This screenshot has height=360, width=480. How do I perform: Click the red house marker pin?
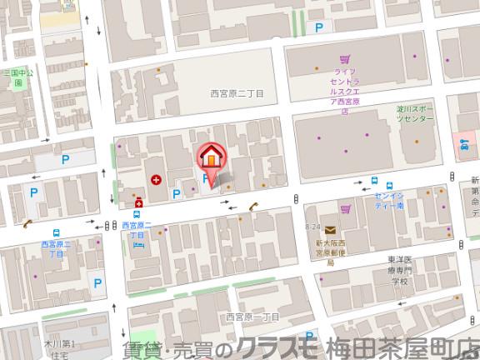tap(211, 157)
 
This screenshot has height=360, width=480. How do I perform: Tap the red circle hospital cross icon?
tap(156, 179)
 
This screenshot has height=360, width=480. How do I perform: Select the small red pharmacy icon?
tap(139, 201)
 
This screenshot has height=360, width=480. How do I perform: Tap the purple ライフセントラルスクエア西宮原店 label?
tap(349, 87)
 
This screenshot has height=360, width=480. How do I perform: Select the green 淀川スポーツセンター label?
tap(415, 114)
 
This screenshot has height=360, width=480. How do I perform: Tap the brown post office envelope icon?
tap(331, 230)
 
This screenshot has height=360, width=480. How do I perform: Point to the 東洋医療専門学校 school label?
tap(402, 270)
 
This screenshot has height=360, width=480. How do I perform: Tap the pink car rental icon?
tap(464, 143)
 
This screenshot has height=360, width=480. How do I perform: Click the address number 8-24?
tap(312, 227)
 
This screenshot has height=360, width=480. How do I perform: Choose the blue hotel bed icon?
tap(138, 244)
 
